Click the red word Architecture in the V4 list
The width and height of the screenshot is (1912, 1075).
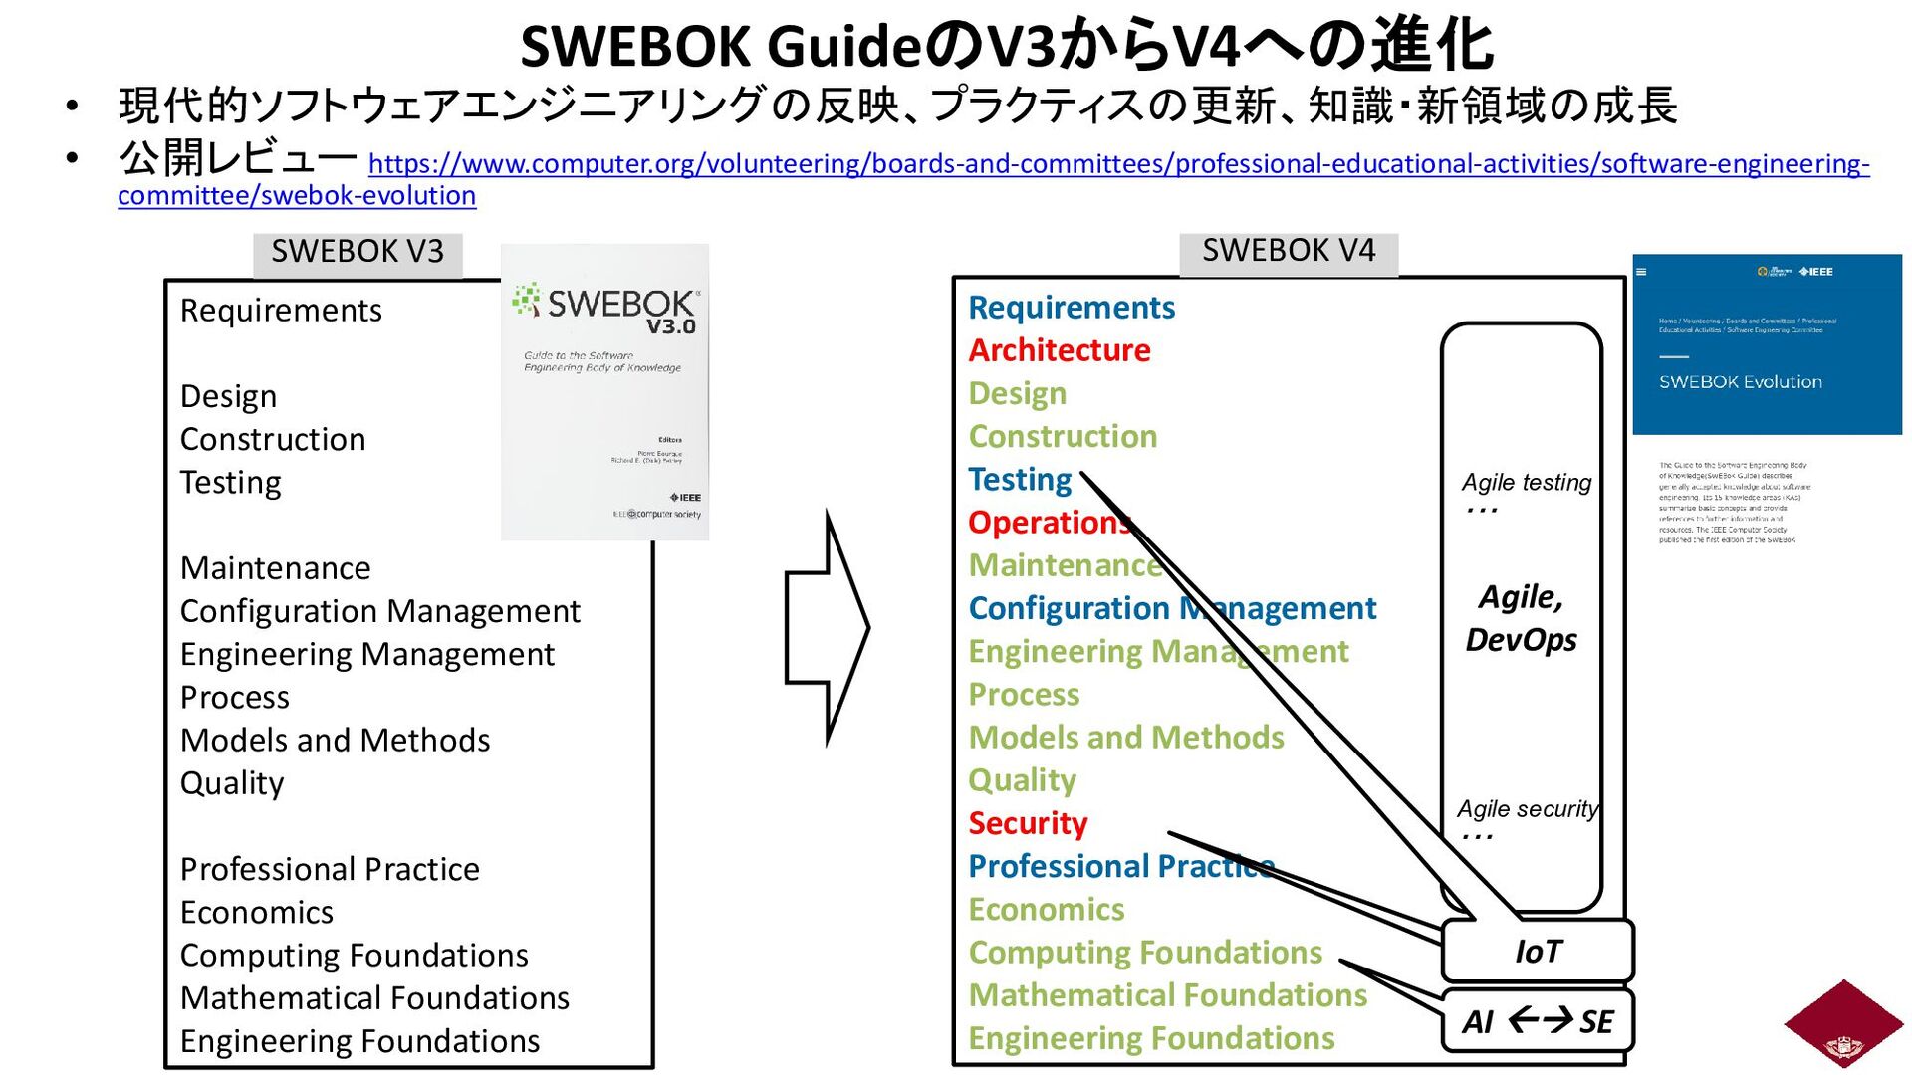pyautogui.click(x=1059, y=350)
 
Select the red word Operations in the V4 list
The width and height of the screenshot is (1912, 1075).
pyautogui.click(x=1048, y=523)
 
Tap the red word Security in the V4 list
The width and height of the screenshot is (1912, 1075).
pyautogui.click(x=1028, y=823)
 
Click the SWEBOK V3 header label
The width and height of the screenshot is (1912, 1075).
pyautogui.click(x=358, y=252)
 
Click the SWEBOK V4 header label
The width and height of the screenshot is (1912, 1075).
pyautogui.click(x=1288, y=251)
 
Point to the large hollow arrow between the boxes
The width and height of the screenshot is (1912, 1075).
pyautogui.click(x=827, y=628)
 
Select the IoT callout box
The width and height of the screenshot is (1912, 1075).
pyautogui.click(x=1538, y=952)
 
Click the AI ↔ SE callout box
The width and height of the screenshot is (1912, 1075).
pyautogui.click(x=1538, y=1021)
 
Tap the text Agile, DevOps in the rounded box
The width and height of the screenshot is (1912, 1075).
pyautogui.click(x=1521, y=618)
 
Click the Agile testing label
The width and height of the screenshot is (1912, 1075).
pyautogui.click(x=1526, y=483)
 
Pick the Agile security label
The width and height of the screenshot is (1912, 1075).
pyautogui.click(x=1527, y=809)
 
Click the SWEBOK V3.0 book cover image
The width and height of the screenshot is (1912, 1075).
pyautogui.click(x=604, y=392)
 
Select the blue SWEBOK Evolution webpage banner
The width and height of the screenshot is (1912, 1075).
pyautogui.click(x=1767, y=344)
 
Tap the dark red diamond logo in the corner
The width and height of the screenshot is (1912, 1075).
pyautogui.click(x=1843, y=1024)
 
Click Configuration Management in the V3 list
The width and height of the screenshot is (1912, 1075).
pyautogui.click(x=379, y=611)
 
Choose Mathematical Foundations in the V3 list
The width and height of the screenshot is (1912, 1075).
pyautogui.click(x=374, y=998)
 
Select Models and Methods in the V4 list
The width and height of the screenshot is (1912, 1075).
pyautogui.click(x=1125, y=738)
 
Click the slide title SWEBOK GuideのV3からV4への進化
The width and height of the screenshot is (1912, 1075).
pyautogui.click(x=1006, y=46)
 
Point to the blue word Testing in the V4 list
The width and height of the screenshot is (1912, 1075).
pyautogui.click(x=1020, y=480)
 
